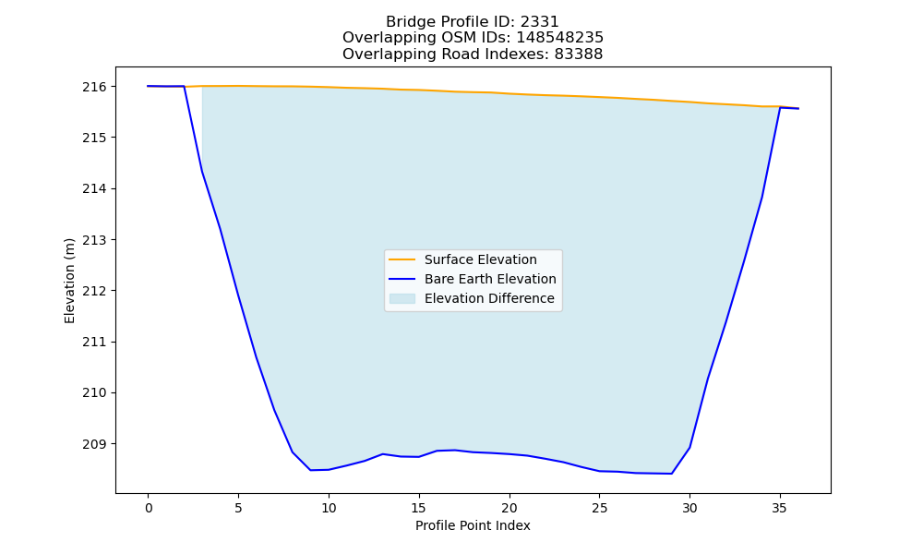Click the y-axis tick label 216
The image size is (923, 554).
94,87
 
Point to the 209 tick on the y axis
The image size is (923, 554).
94,444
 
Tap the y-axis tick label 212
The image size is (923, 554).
94,292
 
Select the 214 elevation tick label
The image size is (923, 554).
94,189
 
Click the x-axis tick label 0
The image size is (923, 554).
149,509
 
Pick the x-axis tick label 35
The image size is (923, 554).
779,509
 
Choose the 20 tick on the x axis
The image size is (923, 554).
509,509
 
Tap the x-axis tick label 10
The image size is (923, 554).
329,509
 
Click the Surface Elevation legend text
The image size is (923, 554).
480,259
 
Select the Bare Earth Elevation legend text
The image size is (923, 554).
490,279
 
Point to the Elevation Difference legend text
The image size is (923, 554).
489,298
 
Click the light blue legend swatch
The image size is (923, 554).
402,298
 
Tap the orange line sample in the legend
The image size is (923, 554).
402,259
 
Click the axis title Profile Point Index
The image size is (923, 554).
473,525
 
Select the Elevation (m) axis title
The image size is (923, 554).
69,281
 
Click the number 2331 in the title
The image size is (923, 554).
539,22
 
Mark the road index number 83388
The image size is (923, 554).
579,54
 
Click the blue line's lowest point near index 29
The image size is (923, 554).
672,474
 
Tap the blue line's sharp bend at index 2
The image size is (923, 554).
185,86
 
